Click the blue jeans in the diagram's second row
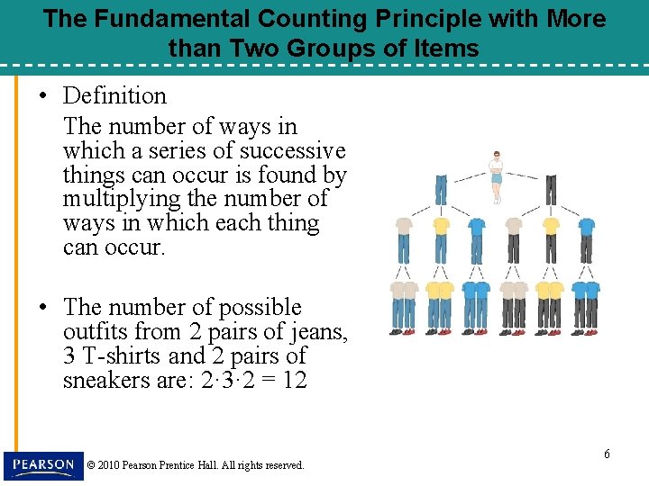[441, 190]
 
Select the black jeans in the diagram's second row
[551, 190]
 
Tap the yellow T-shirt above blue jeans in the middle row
[441, 225]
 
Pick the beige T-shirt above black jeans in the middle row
[514, 225]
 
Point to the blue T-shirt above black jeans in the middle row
[587, 225]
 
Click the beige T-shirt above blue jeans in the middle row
[404, 225]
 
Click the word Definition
[114, 95]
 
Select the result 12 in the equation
[294, 381]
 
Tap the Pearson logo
[42, 465]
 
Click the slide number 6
[607, 454]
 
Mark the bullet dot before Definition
[42, 96]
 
